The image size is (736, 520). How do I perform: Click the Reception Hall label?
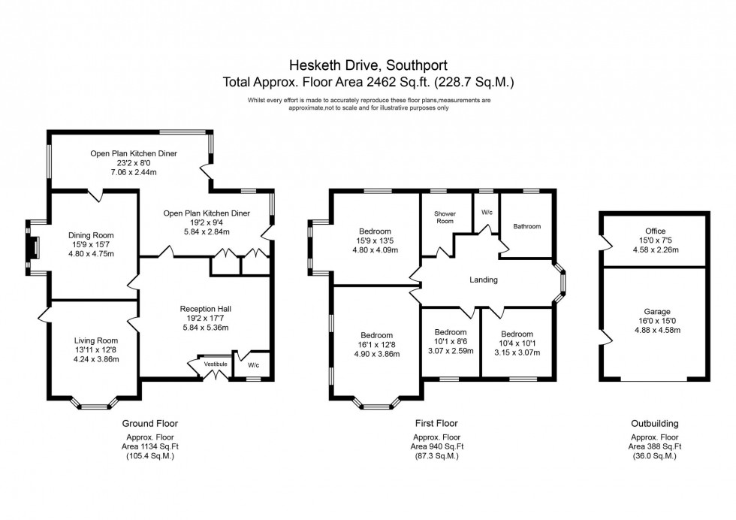[x=205, y=308]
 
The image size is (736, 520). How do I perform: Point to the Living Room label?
[x=96, y=340]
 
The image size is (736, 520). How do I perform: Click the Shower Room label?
[x=445, y=217]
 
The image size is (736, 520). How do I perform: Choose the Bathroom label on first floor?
[x=526, y=226]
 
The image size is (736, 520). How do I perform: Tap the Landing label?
[x=484, y=280]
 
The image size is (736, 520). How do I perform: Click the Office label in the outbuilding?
[x=655, y=231]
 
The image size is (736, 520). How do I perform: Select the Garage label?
[x=655, y=311]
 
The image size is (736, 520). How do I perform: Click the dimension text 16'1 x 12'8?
[x=376, y=345]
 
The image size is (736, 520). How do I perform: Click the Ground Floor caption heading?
[x=152, y=424]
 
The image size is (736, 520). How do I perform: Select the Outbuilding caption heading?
[x=654, y=424]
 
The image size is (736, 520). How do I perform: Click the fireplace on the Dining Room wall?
[x=33, y=249]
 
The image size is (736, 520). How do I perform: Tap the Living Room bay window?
[x=95, y=404]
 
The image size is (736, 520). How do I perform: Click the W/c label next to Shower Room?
[x=486, y=213]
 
